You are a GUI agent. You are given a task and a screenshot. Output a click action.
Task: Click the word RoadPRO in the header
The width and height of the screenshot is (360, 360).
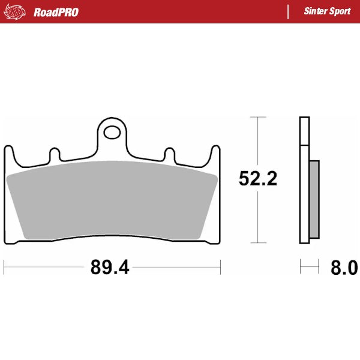click(56, 12)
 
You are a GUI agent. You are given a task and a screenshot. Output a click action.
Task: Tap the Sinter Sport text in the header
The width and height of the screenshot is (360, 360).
click(327, 12)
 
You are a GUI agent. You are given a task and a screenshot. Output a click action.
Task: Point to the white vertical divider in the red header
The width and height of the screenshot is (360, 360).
click(289, 12)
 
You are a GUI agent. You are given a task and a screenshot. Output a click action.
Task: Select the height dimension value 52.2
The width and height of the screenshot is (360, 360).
click(258, 178)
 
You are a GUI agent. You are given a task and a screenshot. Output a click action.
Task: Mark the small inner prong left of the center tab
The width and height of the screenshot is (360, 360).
click(54, 154)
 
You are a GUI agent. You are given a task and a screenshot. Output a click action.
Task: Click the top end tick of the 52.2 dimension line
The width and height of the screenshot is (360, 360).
click(258, 116)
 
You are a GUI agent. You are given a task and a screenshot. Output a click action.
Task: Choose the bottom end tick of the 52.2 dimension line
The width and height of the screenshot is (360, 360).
click(258, 243)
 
